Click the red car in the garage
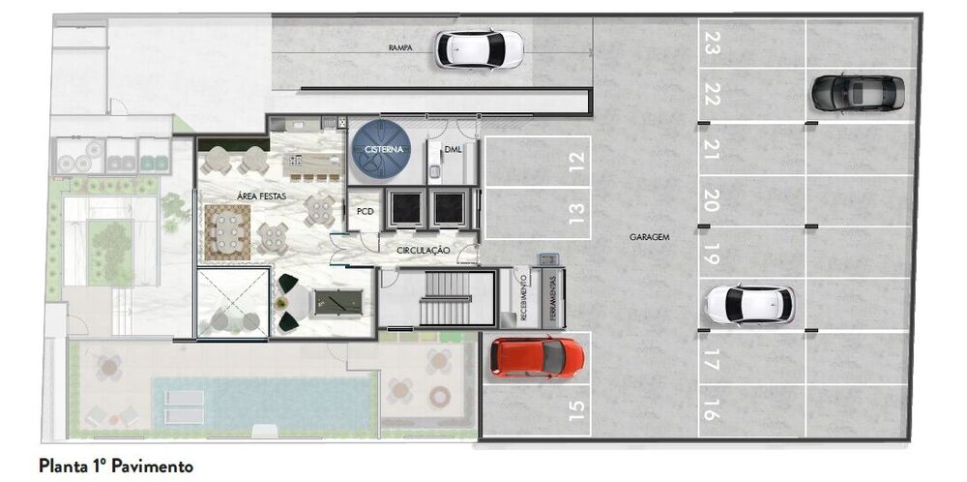(537, 357)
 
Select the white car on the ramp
(479, 48)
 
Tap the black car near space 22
(858, 93)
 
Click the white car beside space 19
(748, 305)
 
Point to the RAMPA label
(401, 46)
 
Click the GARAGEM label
(650, 236)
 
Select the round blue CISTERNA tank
(382, 150)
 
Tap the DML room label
(454, 149)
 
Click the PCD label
(365, 210)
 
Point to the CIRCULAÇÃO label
(424, 250)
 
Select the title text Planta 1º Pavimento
(116, 467)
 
